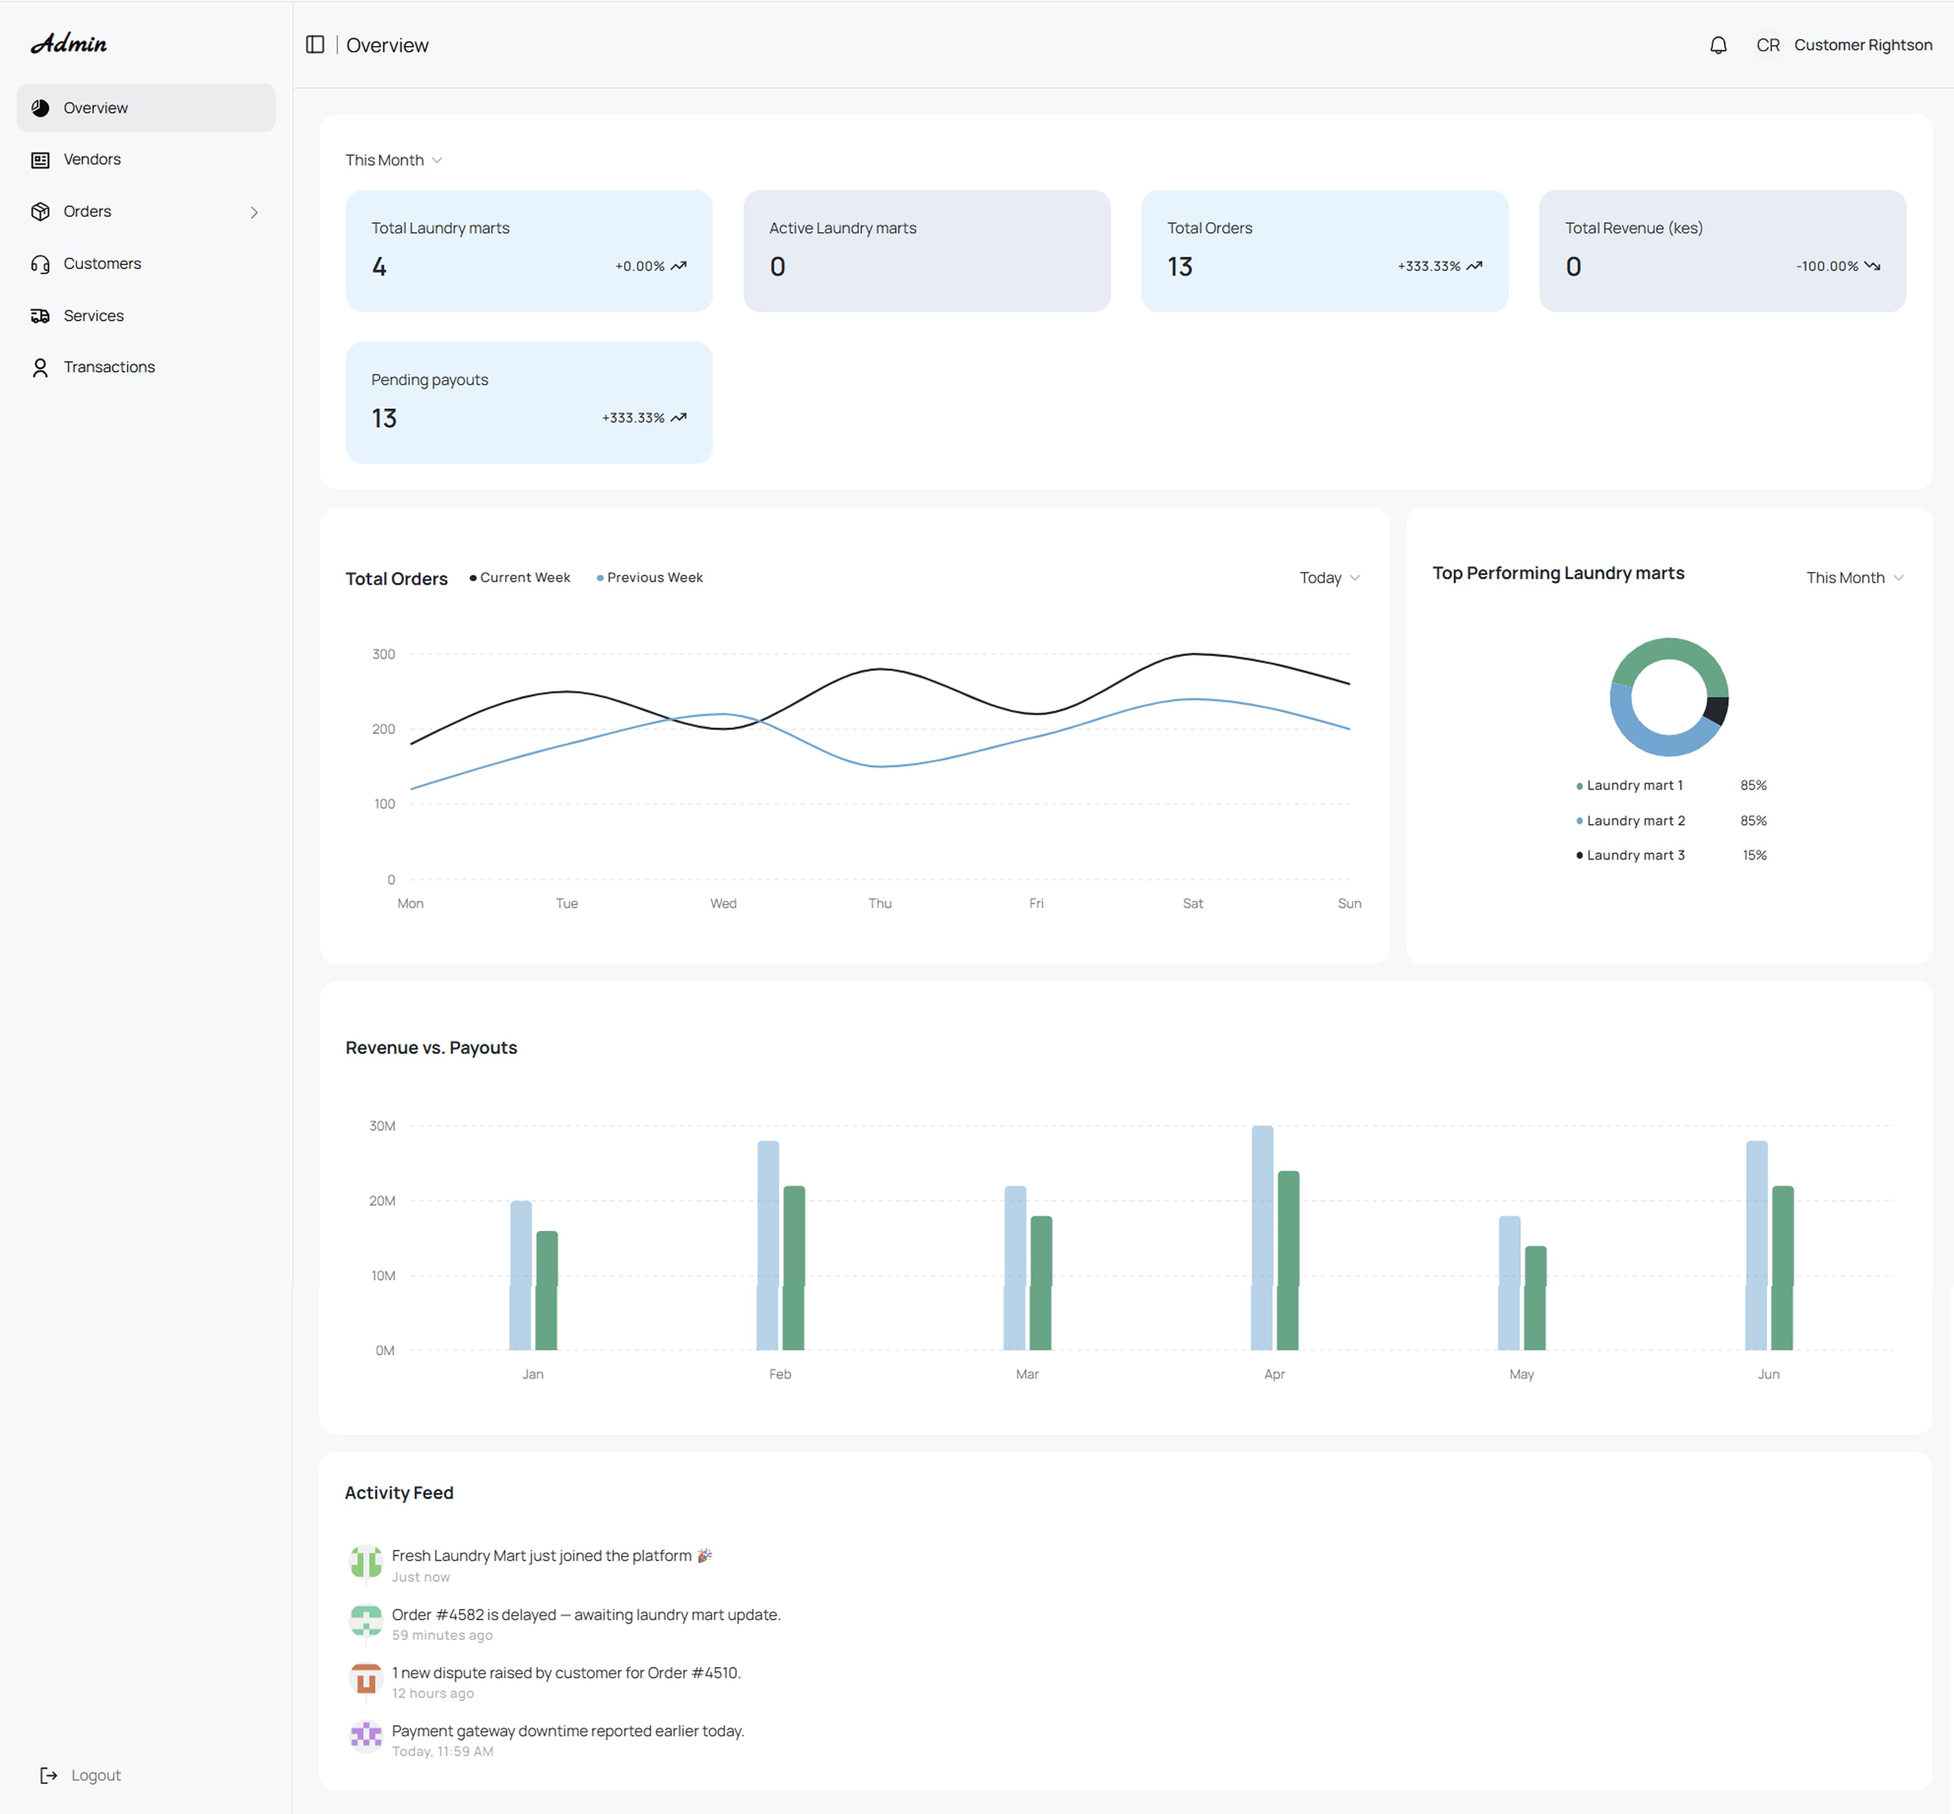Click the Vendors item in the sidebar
point(91,159)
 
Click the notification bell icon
point(1717,45)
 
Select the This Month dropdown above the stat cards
point(392,160)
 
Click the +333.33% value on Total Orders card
point(1429,266)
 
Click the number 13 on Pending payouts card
point(384,418)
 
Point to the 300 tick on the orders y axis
point(384,654)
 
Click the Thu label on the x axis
point(879,903)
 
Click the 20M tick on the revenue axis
point(382,1200)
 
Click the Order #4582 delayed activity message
point(586,1615)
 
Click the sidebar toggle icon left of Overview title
point(315,45)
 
